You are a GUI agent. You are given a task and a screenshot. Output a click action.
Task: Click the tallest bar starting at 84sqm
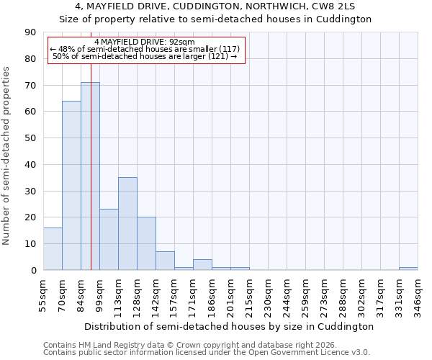[x=90, y=176]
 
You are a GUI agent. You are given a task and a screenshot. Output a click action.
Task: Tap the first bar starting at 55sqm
[x=53, y=249]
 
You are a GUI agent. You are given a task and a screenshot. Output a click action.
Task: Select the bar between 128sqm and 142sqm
[x=146, y=243]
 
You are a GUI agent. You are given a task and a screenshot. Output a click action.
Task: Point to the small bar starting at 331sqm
[x=408, y=269]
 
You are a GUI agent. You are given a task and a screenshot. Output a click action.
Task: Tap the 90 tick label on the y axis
[x=30, y=32]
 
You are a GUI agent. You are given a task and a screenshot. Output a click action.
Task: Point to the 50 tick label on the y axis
[x=30, y=138]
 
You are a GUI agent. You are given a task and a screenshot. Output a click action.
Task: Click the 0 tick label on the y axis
[x=33, y=270]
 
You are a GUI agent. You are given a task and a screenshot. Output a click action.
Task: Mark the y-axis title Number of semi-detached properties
[x=6, y=156]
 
